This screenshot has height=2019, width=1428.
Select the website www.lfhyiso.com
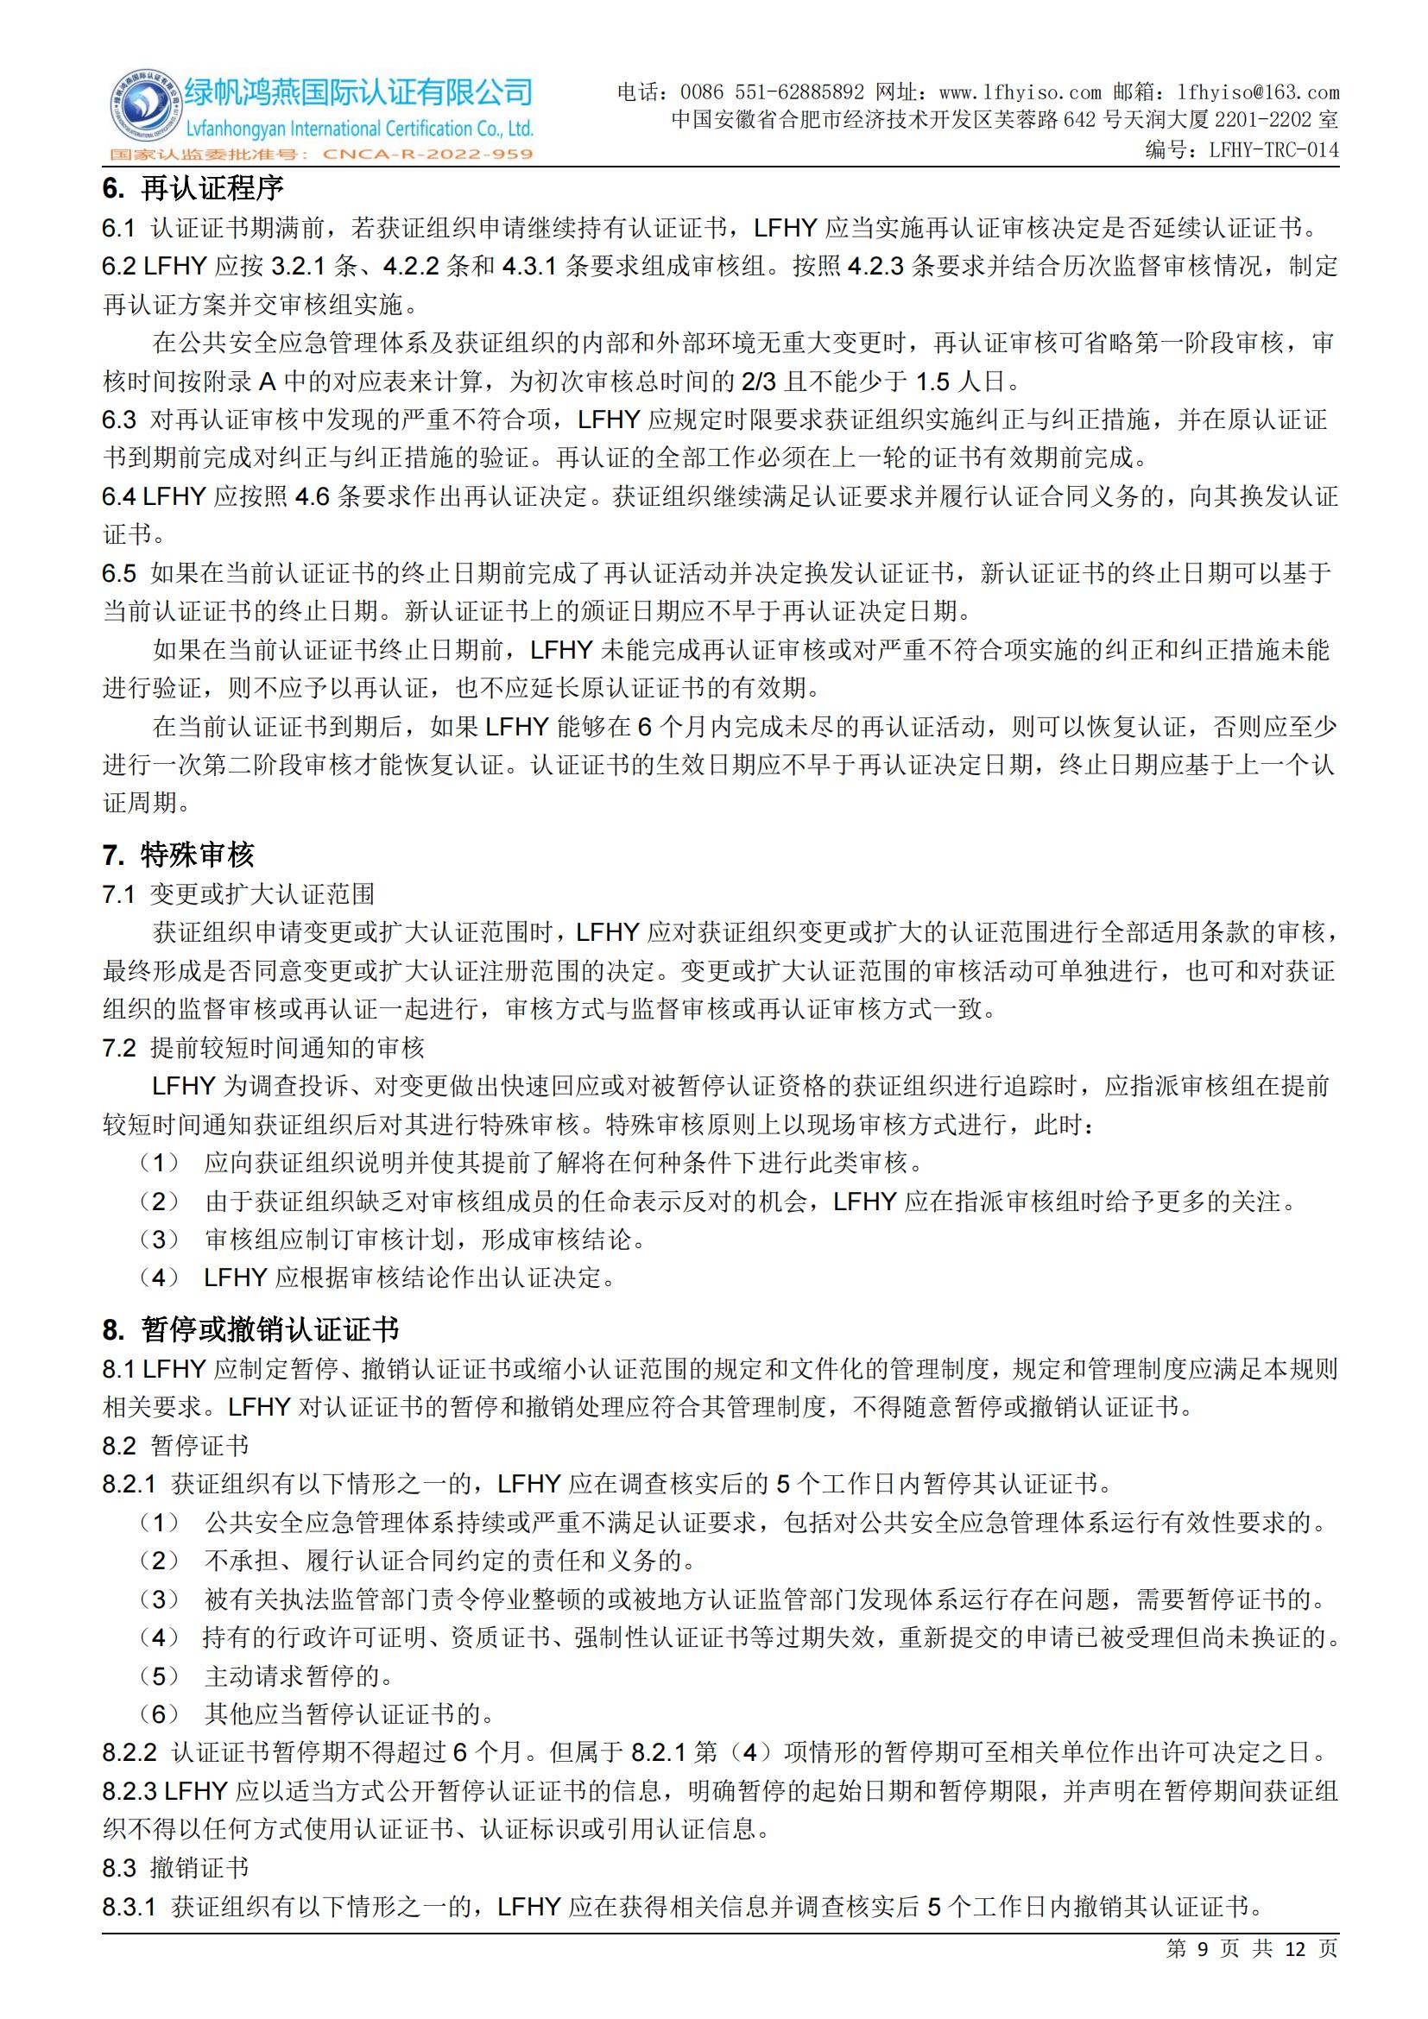click(1020, 92)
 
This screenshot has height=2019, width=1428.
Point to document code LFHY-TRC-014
click(1274, 149)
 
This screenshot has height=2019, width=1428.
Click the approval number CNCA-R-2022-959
click(428, 155)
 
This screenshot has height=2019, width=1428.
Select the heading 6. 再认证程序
click(193, 188)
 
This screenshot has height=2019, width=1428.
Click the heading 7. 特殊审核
click(179, 854)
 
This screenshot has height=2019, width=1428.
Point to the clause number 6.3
click(118, 420)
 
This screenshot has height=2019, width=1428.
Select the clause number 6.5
click(118, 574)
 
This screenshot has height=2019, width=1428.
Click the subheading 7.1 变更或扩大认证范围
click(238, 894)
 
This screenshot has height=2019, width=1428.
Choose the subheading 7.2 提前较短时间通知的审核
click(263, 1048)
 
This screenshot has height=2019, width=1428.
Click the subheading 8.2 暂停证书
click(175, 1446)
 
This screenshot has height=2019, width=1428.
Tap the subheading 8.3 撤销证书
click(175, 1868)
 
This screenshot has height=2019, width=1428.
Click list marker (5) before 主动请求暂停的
click(159, 1676)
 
